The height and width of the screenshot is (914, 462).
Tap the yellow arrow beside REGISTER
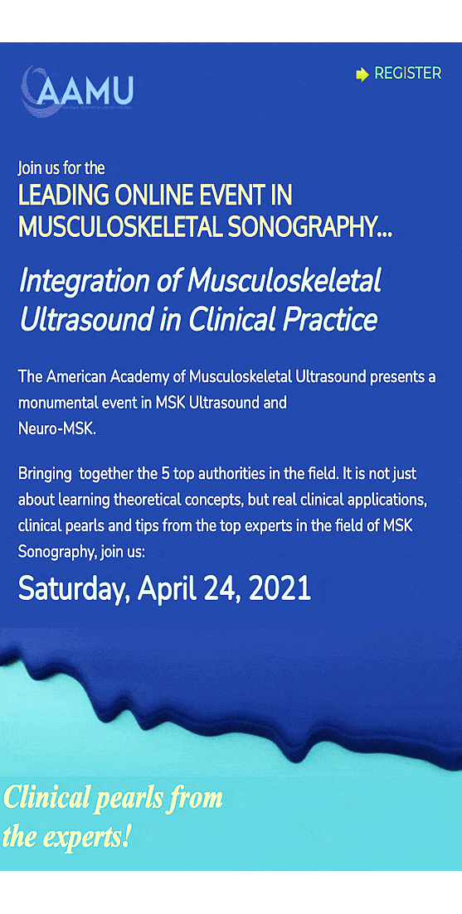[x=362, y=75]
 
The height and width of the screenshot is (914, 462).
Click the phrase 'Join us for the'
[x=61, y=168]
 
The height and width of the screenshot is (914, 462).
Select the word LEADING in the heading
[x=64, y=196]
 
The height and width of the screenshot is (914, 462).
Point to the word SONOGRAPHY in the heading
[x=309, y=227]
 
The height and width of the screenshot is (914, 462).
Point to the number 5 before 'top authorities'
[x=164, y=473]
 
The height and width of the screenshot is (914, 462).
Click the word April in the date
[x=168, y=590]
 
